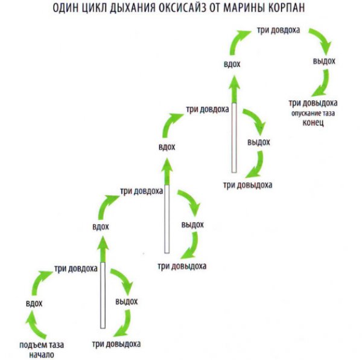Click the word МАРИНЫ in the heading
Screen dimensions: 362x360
[243, 8]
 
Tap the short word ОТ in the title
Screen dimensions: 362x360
[214, 8]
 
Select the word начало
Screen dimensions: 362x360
[42, 355]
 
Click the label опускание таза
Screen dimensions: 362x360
[313, 113]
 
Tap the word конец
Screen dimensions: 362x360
[313, 123]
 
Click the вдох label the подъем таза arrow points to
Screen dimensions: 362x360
[34, 303]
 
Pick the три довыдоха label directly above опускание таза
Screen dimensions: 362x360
[313, 103]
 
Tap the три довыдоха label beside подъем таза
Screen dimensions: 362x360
[116, 344]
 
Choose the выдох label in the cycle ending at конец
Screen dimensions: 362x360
[324, 61]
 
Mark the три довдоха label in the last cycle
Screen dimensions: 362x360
[278, 30]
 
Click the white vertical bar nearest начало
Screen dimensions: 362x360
[103, 295]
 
